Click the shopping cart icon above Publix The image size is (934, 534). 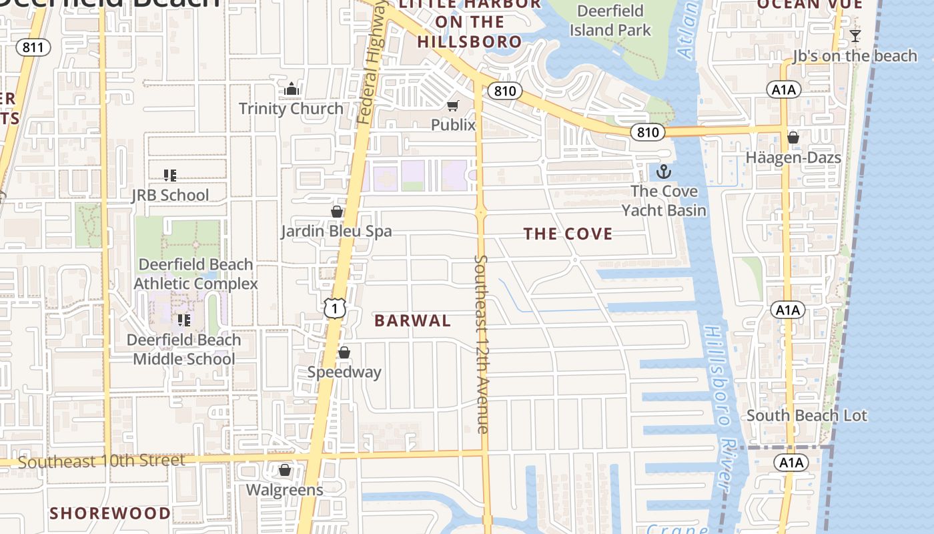click(453, 105)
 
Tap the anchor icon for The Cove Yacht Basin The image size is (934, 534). click(664, 172)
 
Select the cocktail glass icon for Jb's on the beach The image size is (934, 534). click(855, 36)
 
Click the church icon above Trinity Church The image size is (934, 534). click(291, 89)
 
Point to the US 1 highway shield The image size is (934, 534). click(334, 308)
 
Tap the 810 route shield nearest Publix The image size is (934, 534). click(505, 91)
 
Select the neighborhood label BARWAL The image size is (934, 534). click(412, 320)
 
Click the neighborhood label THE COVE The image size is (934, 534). click(568, 234)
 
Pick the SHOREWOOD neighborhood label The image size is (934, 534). click(110, 513)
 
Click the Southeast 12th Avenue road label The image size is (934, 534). click(482, 344)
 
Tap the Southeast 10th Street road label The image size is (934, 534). click(101, 461)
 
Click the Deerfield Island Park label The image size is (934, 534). click(610, 21)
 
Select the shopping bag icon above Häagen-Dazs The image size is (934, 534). click(793, 138)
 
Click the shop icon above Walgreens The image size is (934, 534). click(285, 470)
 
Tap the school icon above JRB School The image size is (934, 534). click(169, 176)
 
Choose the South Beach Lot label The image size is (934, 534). click(807, 415)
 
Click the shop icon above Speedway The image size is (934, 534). click(344, 352)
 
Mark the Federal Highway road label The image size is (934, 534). click(372, 63)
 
